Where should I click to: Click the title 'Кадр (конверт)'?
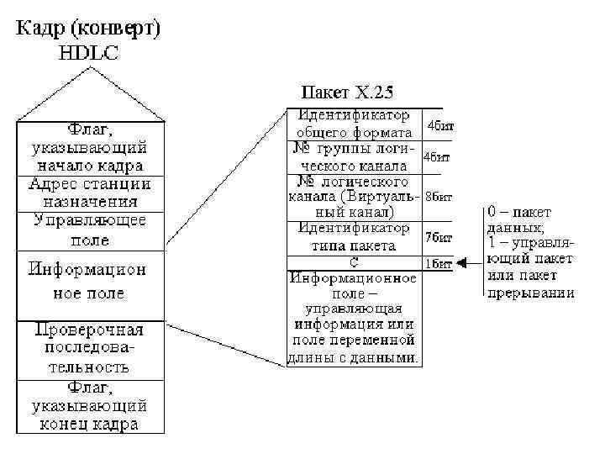click(89, 28)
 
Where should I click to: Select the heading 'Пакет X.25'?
click(348, 91)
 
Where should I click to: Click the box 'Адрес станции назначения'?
click(90, 193)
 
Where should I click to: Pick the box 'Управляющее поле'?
click(90, 230)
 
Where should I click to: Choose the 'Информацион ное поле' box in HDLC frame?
click(90, 282)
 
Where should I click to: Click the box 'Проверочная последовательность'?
click(90, 348)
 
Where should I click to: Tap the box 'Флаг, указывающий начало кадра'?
click(90, 149)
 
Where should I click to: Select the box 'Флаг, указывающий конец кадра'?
click(90, 406)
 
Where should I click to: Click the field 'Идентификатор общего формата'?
click(355, 123)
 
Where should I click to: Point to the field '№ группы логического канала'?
click(355, 156)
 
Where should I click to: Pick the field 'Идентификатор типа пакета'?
click(355, 237)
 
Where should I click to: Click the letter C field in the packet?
click(355, 262)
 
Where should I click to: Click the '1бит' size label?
click(436, 263)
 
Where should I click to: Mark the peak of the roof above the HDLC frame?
click(90, 70)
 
